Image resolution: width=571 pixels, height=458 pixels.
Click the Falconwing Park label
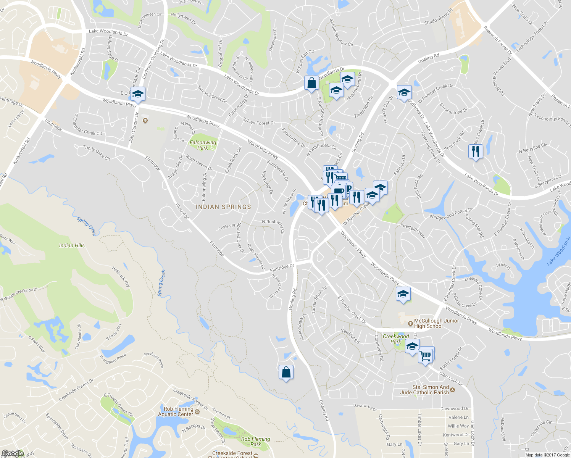point(203,145)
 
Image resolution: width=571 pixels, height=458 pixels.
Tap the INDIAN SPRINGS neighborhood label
point(223,207)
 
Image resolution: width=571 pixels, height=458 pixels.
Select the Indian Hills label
point(72,245)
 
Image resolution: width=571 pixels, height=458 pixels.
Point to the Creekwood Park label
point(396,339)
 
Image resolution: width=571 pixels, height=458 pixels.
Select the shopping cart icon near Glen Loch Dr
point(426,356)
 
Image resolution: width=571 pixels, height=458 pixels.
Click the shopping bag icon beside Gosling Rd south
point(286,372)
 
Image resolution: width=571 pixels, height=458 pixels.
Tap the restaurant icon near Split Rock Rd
point(475,152)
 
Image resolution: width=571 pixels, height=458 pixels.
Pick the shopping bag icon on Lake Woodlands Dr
point(311,83)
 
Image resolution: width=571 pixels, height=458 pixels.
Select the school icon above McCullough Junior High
point(403,295)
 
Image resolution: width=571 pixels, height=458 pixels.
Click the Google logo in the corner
point(13,453)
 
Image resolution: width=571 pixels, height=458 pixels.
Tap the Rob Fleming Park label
point(255,442)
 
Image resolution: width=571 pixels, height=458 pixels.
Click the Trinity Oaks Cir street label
point(97,153)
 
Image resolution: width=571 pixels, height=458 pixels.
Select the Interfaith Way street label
point(413,231)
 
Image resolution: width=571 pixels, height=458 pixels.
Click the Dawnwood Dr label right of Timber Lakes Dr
point(454,409)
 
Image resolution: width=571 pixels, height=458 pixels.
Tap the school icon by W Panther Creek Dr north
point(404,93)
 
